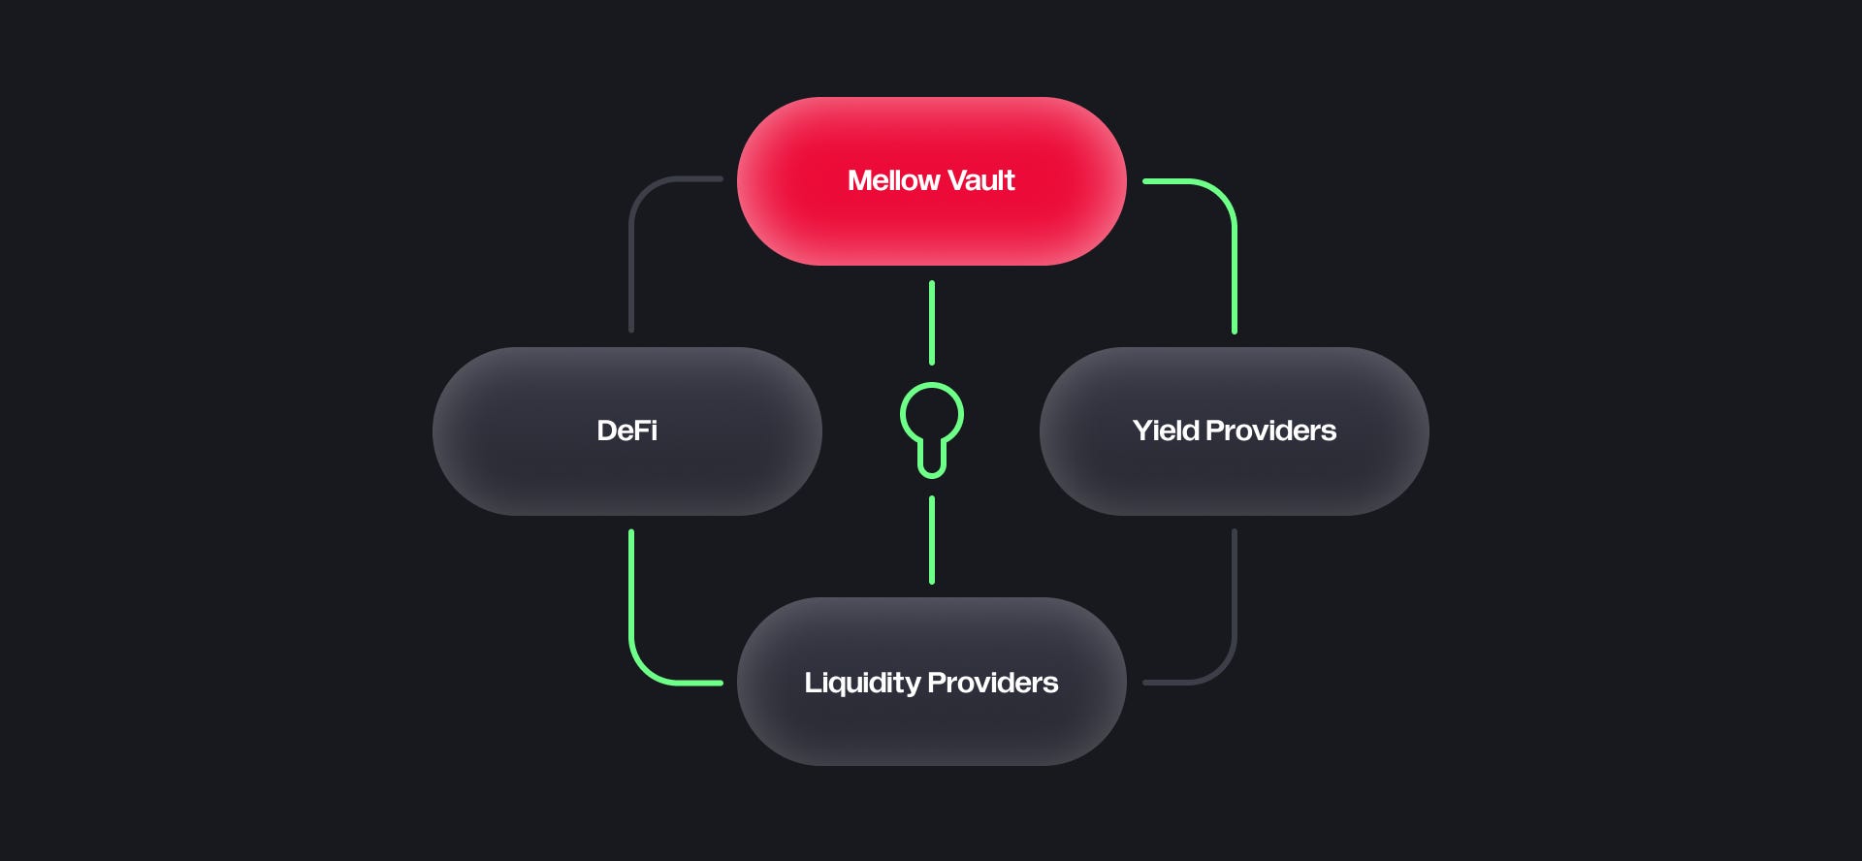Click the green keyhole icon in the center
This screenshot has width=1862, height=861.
click(931, 427)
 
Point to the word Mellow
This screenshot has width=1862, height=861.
click(893, 180)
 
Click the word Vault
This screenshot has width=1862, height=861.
click(980, 180)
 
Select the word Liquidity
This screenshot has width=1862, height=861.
click(862, 684)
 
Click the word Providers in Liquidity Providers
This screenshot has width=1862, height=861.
click(993, 683)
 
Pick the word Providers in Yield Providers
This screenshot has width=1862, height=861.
click(1271, 430)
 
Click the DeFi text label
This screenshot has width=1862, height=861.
click(626, 430)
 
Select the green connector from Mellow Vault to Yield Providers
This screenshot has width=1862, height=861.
click(1234, 252)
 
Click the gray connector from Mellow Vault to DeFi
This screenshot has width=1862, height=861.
click(632, 252)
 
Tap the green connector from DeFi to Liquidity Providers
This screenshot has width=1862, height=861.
click(632, 611)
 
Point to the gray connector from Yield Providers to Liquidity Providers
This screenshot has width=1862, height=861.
click(1234, 611)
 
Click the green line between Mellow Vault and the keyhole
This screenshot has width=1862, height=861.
click(932, 323)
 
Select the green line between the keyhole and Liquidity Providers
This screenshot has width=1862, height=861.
click(932, 540)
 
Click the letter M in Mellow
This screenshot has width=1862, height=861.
click(858, 180)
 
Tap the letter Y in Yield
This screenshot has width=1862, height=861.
click(1142, 430)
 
